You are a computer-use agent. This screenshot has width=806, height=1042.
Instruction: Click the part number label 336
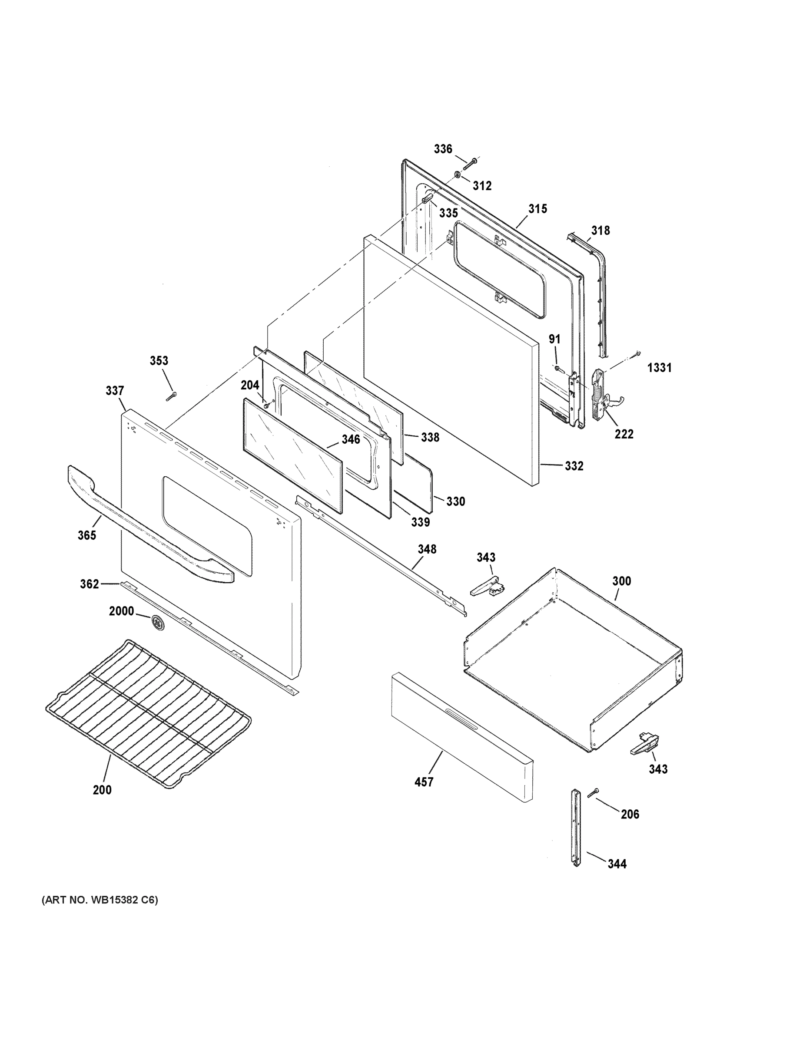tap(443, 149)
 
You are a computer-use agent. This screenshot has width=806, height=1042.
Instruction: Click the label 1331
tap(659, 367)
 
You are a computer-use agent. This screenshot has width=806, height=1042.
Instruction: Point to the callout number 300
tap(621, 581)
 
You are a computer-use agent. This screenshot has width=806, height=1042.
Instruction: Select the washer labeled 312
tap(458, 175)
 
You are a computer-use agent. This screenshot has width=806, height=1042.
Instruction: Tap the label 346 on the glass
tap(351, 439)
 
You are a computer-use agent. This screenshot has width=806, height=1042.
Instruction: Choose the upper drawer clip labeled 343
tap(486, 586)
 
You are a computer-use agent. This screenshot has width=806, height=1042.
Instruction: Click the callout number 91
tap(554, 339)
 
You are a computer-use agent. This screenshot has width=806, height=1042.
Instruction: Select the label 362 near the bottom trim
tap(90, 584)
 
